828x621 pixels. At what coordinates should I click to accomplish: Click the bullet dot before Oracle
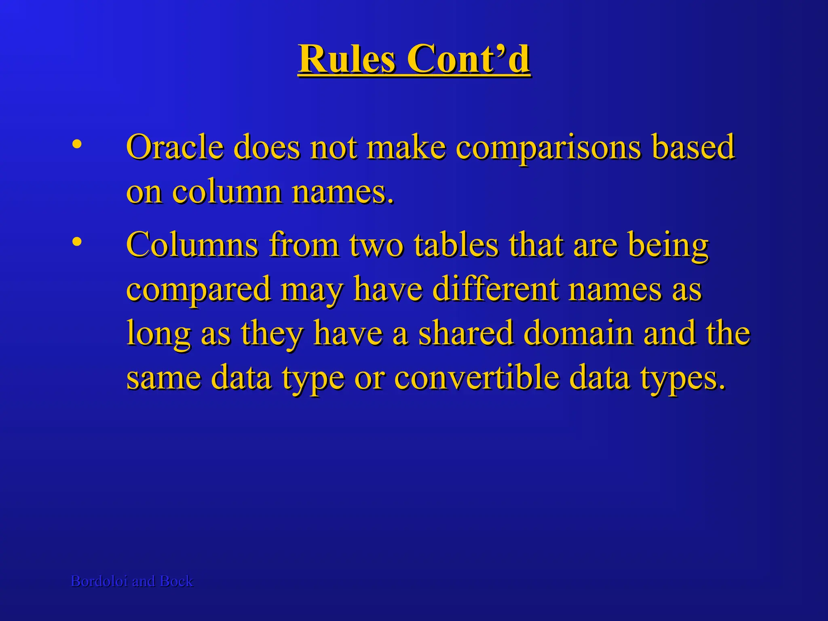coord(77,145)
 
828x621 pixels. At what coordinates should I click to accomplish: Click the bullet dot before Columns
coord(77,242)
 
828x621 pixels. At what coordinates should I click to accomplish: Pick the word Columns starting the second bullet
coord(192,245)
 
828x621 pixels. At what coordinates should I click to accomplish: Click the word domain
coord(579,333)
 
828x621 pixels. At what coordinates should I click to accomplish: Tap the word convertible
coord(477,378)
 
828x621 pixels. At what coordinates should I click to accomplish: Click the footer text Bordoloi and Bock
coord(132,581)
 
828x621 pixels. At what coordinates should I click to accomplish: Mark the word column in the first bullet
coord(227,192)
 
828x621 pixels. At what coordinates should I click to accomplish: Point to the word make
coord(406,147)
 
